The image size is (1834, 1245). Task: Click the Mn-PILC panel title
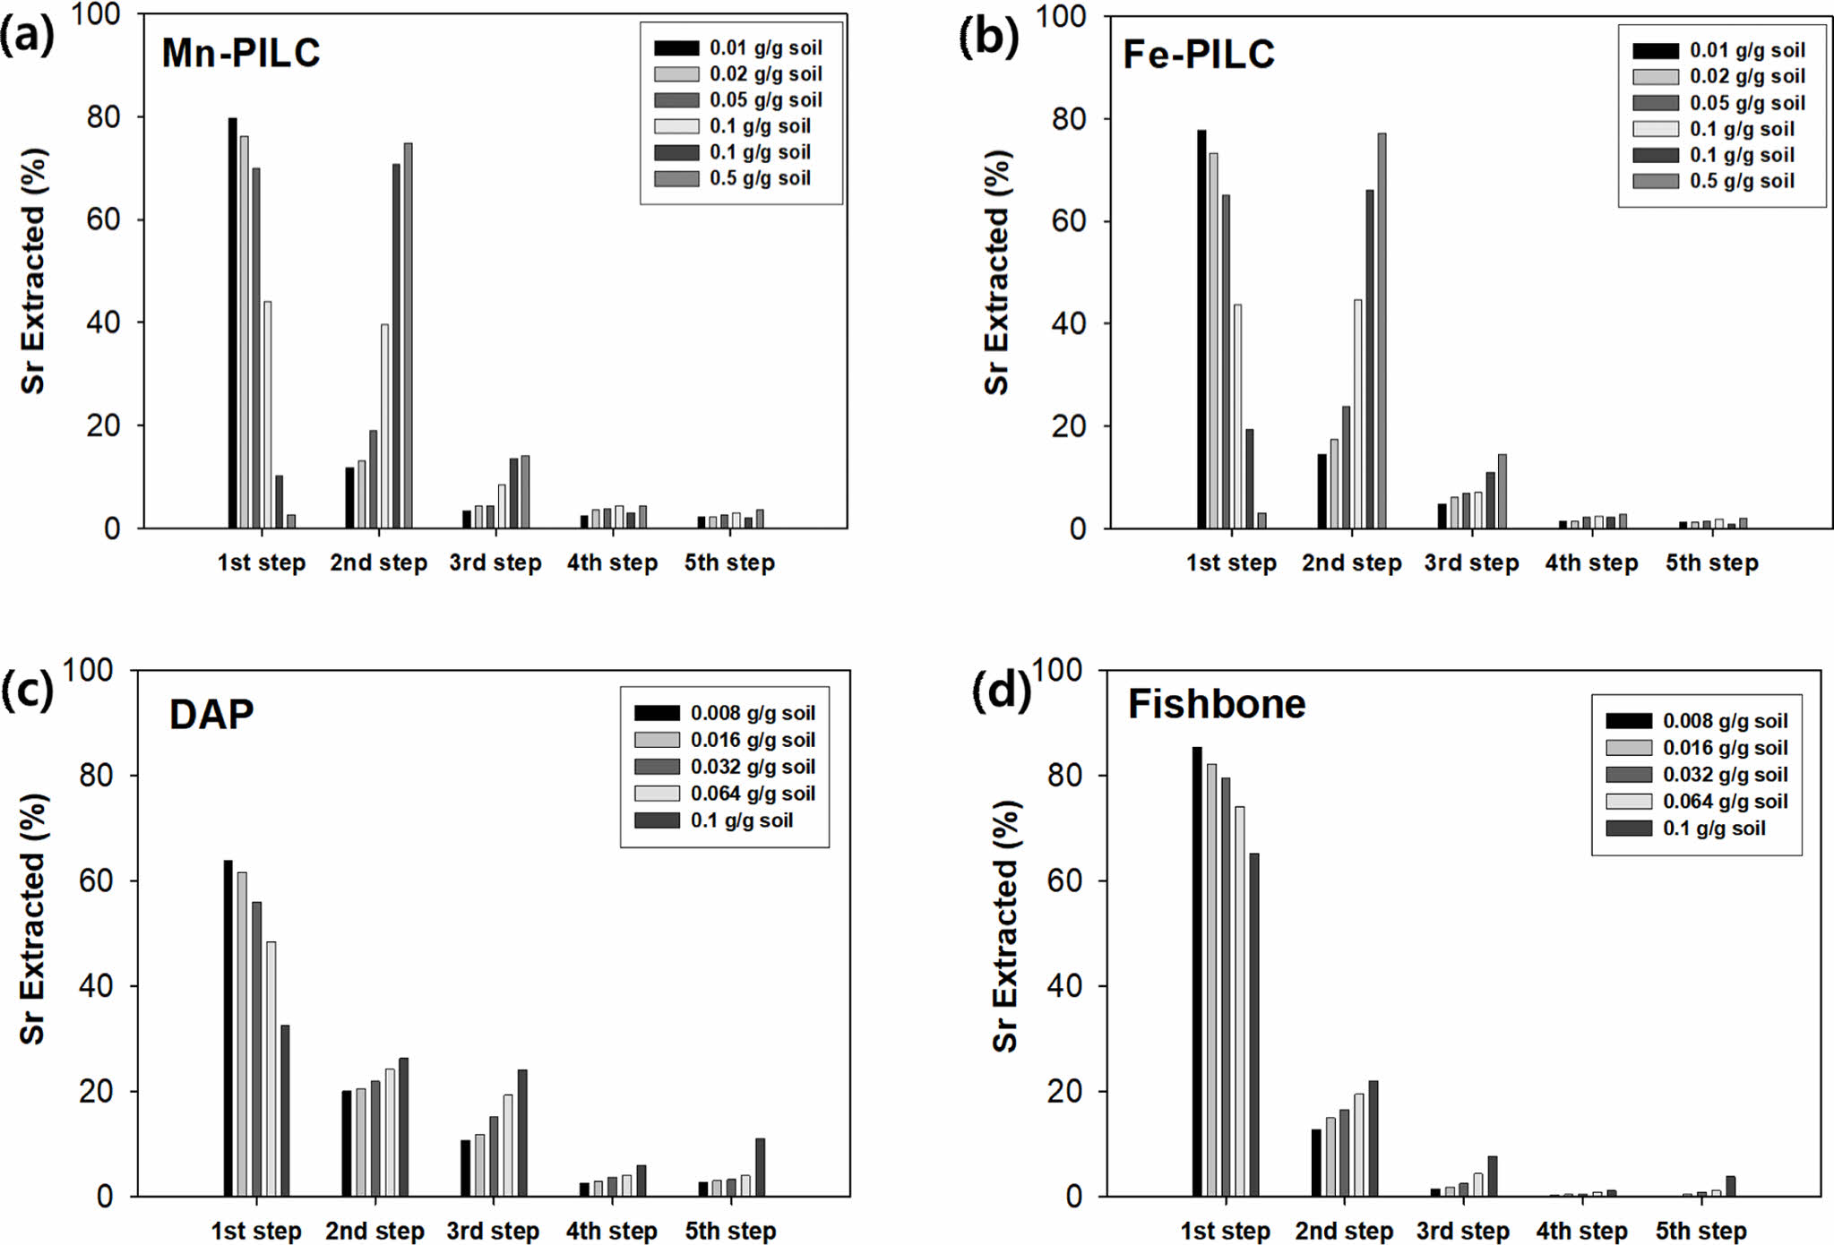pos(240,53)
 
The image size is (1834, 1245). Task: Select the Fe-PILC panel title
pos(1198,55)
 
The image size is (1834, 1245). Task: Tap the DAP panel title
pos(211,715)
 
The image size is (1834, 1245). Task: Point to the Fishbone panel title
pos(1216,704)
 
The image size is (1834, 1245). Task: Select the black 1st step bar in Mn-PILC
pos(232,322)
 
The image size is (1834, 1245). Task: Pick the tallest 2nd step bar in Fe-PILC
pos(1382,331)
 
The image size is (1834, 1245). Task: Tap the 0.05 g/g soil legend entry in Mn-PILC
pos(738,99)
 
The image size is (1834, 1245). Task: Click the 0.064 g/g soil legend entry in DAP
pos(725,794)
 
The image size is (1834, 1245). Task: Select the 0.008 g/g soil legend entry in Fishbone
pos(1697,721)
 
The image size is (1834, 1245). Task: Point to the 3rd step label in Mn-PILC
pos(495,562)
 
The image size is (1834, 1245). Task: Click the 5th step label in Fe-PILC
pos(1711,562)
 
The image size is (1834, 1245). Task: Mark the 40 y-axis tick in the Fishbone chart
pos(1064,986)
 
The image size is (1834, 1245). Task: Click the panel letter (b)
pos(987,38)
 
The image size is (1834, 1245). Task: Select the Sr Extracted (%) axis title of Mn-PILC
pos(33,270)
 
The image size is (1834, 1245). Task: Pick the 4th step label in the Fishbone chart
pos(1581,1231)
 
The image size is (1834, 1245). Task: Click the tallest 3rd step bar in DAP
pos(522,1133)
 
